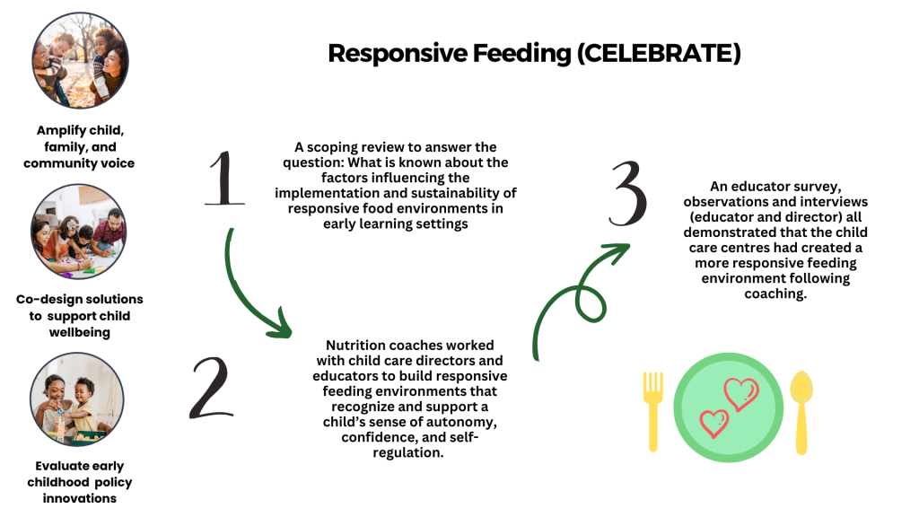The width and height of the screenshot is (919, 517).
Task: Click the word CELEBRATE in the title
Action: click(659, 53)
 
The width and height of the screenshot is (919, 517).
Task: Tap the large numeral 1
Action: click(224, 179)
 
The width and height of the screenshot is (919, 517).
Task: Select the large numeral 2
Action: click(212, 388)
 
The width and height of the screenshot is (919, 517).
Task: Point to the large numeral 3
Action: click(628, 194)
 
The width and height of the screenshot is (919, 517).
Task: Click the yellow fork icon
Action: click(653, 411)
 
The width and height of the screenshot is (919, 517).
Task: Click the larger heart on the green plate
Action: click(741, 394)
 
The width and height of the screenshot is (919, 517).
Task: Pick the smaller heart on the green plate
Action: click(714, 423)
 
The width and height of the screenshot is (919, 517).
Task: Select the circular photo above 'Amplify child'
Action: click(80, 60)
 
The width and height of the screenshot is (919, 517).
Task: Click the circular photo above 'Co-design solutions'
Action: click(79, 232)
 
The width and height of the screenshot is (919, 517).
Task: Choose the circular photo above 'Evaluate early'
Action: click(77, 399)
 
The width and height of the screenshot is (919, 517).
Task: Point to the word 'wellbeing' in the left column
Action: click(80, 332)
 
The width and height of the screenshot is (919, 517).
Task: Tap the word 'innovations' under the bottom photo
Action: click(80, 498)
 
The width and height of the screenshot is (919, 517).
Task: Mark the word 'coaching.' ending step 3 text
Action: click(775, 294)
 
